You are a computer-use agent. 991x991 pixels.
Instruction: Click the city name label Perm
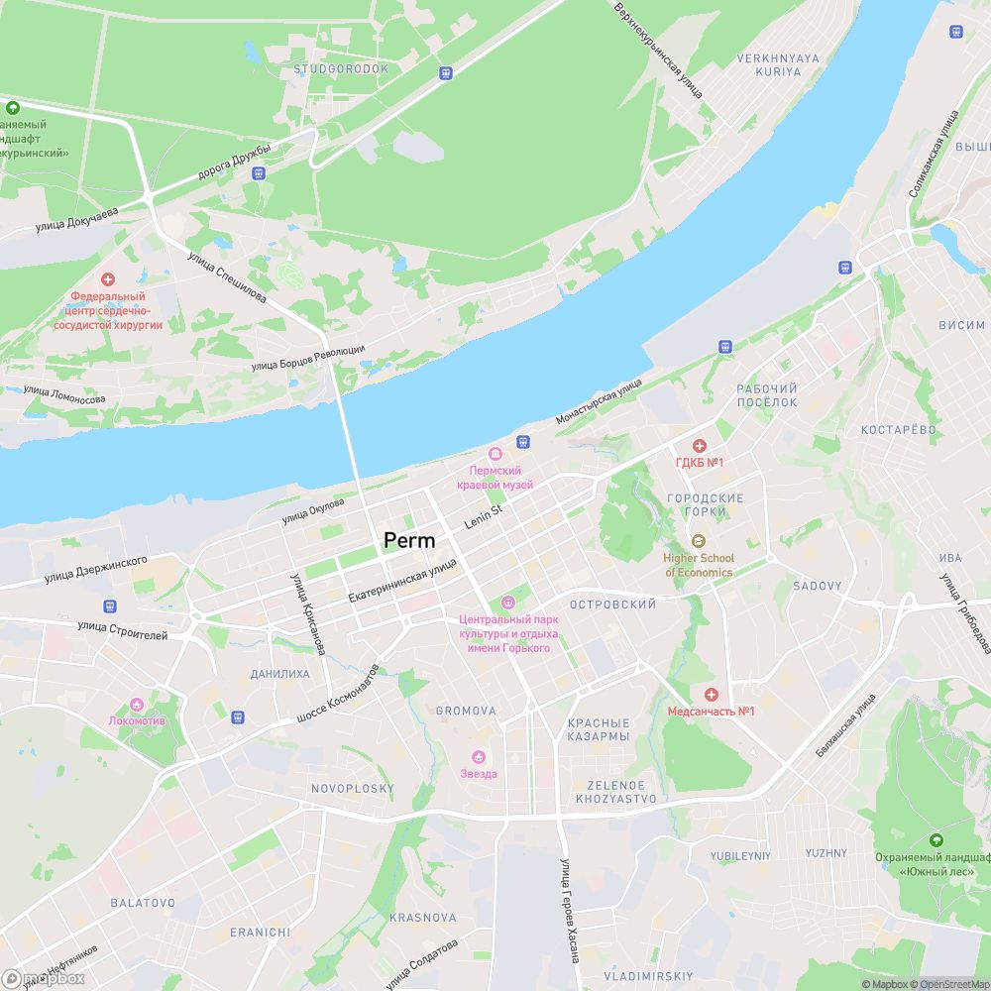click(409, 540)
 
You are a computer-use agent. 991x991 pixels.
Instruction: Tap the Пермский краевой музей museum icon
click(495, 454)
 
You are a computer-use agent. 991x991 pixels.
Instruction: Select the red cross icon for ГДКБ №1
click(699, 446)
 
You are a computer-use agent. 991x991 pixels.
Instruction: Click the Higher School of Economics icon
click(699, 540)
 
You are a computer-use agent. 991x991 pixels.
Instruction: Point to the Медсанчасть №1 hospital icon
click(710, 694)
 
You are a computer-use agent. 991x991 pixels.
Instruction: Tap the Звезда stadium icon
click(479, 757)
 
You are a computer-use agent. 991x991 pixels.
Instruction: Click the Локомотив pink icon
click(137, 705)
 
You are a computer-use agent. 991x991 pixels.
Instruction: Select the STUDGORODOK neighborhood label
click(341, 69)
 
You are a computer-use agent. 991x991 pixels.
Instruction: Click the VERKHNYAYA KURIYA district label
click(778, 65)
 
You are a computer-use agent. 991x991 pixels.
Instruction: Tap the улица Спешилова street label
click(227, 277)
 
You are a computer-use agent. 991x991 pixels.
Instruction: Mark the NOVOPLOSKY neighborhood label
click(352, 789)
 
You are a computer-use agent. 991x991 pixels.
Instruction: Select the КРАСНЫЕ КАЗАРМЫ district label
click(599, 730)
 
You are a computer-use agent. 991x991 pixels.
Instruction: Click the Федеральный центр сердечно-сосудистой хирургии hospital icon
click(107, 280)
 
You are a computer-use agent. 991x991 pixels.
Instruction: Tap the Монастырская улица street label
click(599, 401)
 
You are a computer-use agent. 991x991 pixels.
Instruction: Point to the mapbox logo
click(45, 978)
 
